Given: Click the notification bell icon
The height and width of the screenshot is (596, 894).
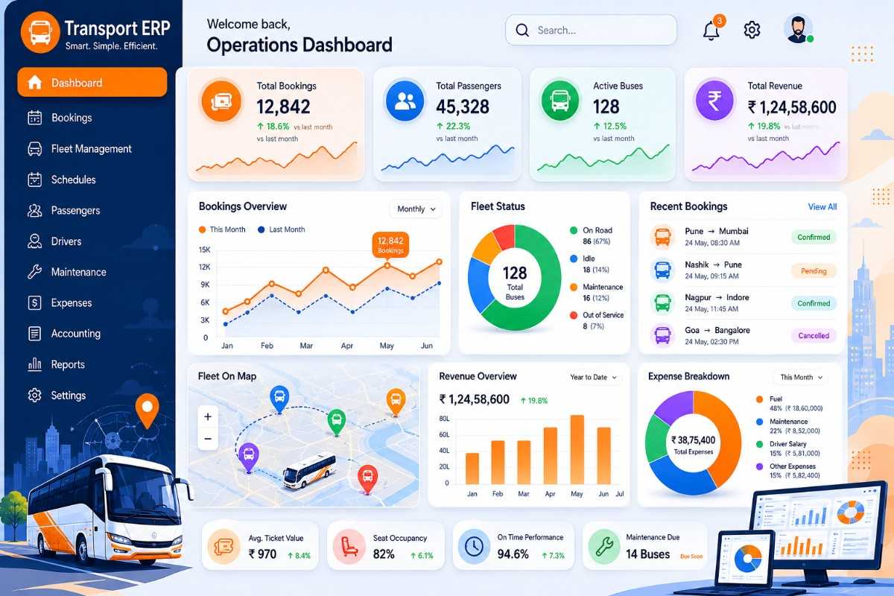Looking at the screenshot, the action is point(711,31).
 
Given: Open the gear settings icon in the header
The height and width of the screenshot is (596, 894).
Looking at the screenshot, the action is point(752,30).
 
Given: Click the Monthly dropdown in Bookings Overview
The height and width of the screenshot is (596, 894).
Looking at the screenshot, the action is point(416,209).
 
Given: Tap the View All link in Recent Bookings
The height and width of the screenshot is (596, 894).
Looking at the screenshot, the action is point(822,207).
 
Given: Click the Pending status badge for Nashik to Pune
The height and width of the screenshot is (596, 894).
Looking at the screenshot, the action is point(814,271).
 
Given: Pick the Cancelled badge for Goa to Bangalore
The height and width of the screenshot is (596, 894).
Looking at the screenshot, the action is point(814,336).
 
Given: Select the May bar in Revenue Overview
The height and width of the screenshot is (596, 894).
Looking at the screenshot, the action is point(577,449).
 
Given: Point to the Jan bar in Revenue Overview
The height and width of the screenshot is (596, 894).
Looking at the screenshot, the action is point(472,469).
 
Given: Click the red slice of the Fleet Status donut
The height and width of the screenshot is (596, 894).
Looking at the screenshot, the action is point(504,237).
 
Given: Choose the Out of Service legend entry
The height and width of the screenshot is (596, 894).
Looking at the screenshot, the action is point(597,320).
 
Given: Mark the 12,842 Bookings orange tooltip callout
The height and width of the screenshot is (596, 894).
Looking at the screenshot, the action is point(390,244).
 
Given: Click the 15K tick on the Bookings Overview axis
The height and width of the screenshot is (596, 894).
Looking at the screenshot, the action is point(204,250).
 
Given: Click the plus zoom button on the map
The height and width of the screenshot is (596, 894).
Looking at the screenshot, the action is point(208,416).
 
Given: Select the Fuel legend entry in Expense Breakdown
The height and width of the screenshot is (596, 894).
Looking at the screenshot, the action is point(790,403).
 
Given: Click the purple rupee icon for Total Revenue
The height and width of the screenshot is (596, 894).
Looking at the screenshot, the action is point(714,101).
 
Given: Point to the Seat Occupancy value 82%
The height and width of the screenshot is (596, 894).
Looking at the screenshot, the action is point(384,554).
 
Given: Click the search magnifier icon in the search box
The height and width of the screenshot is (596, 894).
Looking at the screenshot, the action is point(522,30).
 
